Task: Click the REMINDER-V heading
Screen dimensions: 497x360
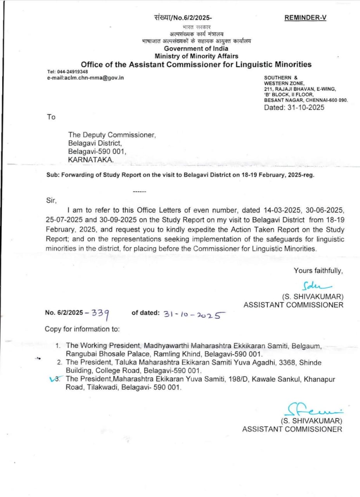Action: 305,18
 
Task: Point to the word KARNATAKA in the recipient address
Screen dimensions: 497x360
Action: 91,160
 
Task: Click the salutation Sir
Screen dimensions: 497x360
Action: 51,201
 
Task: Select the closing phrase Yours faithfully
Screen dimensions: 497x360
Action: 318,271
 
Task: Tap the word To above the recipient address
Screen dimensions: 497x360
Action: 51,117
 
